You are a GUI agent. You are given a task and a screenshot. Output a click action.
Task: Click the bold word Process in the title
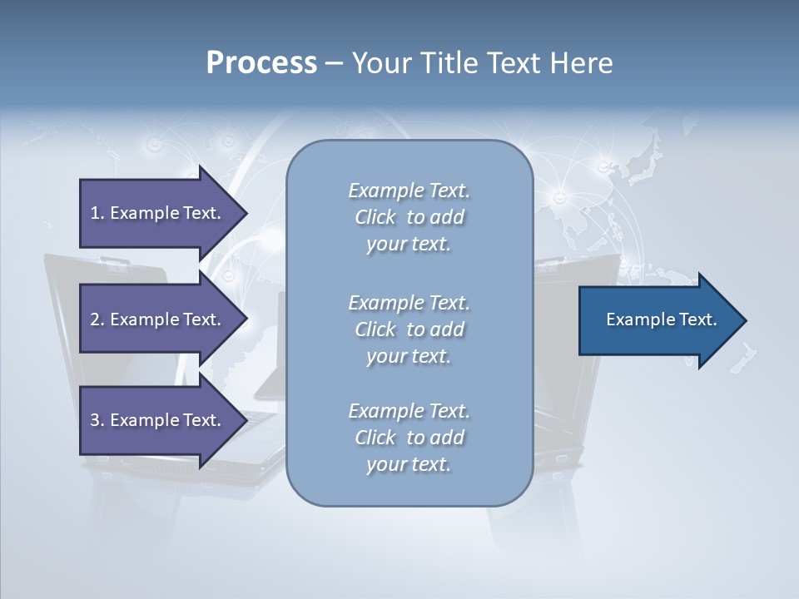[261, 63]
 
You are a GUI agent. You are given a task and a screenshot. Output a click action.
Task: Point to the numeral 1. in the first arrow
[97, 213]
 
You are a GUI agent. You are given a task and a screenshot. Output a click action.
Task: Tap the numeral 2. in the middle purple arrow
[97, 319]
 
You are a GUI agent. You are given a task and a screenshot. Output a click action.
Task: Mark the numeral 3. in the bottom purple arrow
[97, 420]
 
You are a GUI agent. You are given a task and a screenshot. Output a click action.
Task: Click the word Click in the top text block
[375, 217]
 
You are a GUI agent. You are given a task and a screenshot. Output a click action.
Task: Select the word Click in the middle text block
[375, 329]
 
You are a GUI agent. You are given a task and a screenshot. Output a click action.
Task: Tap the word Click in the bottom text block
[375, 438]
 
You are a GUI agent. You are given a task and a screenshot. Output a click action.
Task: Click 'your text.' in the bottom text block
[409, 464]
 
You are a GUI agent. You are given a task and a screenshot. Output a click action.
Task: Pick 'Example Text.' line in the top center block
[409, 191]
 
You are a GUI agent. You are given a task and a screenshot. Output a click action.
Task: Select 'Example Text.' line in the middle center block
[409, 303]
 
